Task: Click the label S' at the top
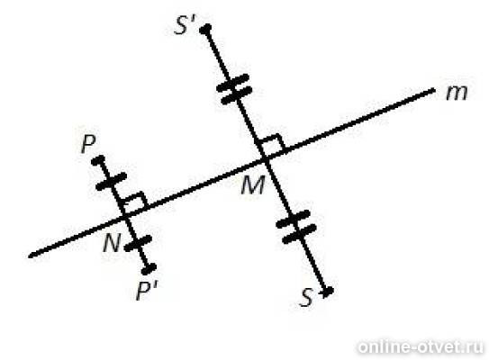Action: (186, 24)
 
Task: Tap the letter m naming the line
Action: (457, 93)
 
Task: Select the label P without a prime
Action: (88, 144)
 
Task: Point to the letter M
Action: (253, 185)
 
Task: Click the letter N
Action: (112, 242)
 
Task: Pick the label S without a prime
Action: (306, 297)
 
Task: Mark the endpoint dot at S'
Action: (205, 29)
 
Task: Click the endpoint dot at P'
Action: (150, 267)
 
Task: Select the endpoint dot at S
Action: (327, 292)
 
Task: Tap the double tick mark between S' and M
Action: (234, 88)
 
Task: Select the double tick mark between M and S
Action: (296, 226)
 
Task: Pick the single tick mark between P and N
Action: (112, 181)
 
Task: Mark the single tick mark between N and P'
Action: (138, 243)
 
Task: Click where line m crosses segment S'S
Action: (266, 160)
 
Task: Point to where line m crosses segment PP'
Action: (126, 215)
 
